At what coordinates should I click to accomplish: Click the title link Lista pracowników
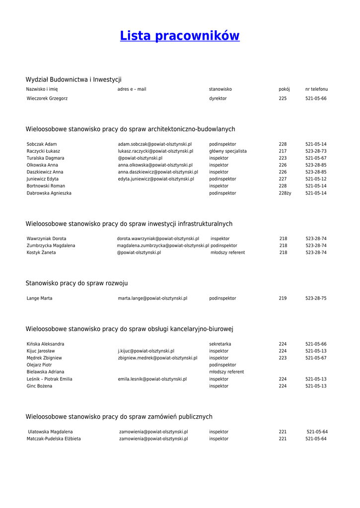click(x=180, y=36)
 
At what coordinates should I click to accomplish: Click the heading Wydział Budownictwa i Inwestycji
click(x=73, y=79)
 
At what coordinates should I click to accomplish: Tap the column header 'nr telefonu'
click(x=316, y=89)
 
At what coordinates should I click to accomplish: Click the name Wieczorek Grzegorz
click(x=47, y=99)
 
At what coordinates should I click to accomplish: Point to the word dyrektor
click(x=217, y=99)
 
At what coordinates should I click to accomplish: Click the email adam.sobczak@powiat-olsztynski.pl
click(x=154, y=144)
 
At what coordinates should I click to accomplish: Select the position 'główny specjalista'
click(x=227, y=151)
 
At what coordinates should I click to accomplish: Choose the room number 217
click(x=283, y=151)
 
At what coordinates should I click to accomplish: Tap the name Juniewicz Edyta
click(x=43, y=179)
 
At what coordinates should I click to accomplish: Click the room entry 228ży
click(x=285, y=193)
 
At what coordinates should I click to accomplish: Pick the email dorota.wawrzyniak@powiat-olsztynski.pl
click(x=158, y=239)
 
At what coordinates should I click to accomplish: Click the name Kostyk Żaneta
click(x=41, y=253)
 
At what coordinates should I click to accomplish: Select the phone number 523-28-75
click(x=316, y=299)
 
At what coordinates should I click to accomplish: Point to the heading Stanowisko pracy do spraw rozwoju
click(x=76, y=283)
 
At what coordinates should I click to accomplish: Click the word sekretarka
click(x=220, y=344)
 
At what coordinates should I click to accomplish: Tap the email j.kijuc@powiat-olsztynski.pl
click(x=146, y=351)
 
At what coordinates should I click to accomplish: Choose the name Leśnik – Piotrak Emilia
click(x=50, y=379)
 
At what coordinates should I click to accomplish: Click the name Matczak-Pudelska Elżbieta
click(x=54, y=439)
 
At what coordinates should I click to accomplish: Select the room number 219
click(x=283, y=299)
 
